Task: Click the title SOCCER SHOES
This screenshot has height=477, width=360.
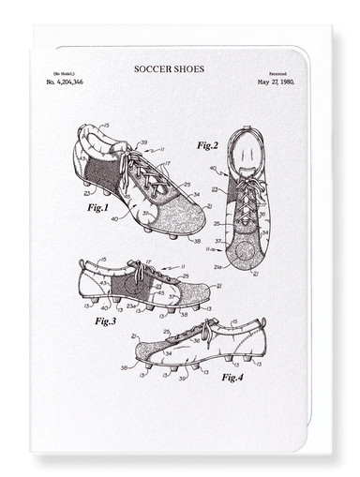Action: tap(170, 68)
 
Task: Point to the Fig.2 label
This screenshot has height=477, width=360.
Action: tap(207, 146)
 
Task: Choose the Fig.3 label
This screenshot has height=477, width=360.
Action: tap(104, 320)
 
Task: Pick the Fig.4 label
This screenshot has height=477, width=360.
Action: tap(232, 377)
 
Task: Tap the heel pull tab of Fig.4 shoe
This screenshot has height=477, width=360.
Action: tap(263, 323)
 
